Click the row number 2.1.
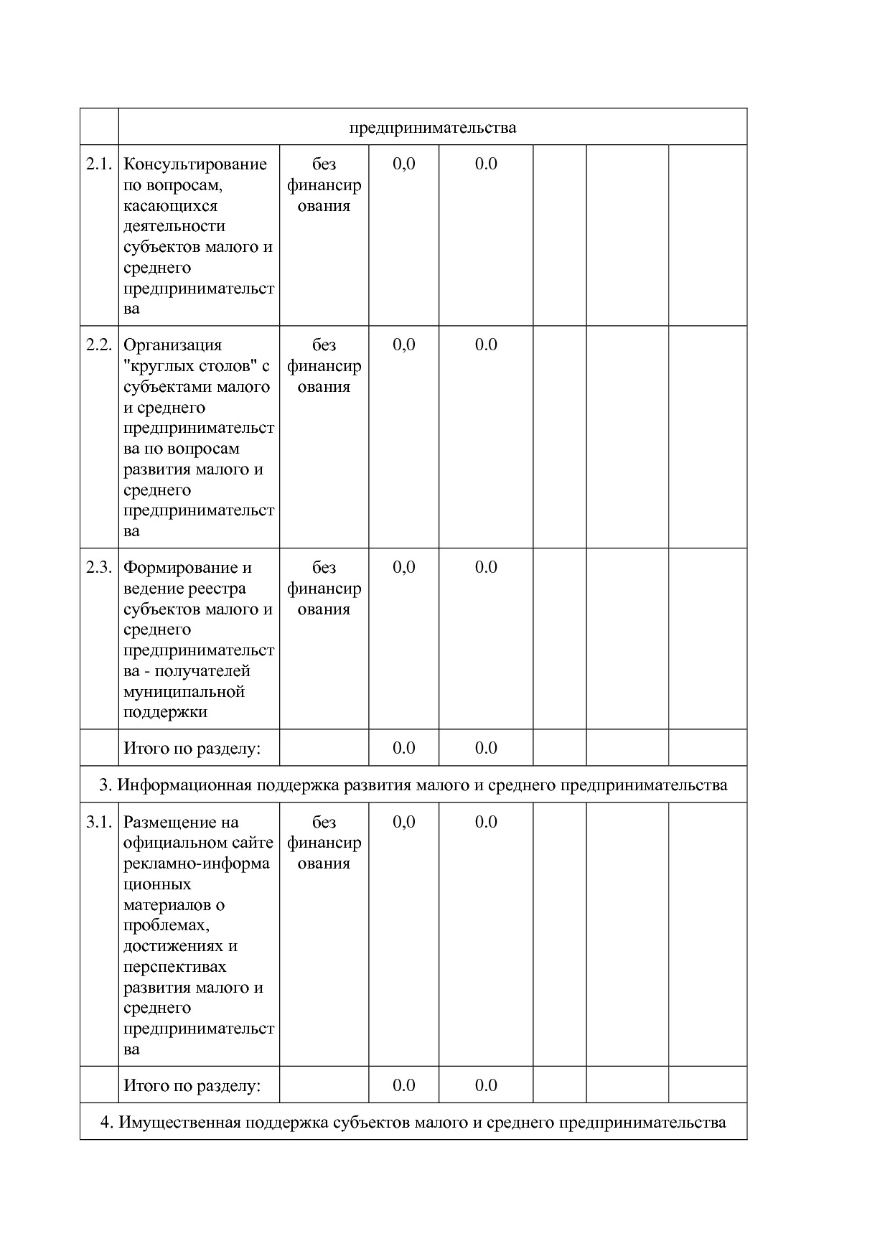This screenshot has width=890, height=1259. [x=99, y=164]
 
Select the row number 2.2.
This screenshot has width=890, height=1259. [x=99, y=345]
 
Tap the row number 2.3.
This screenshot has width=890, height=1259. [x=99, y=568]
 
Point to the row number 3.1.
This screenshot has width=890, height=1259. [x=99, y=823]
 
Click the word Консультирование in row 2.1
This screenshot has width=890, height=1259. [x=195, y=164]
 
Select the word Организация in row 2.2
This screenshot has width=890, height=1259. [x=173, y=345]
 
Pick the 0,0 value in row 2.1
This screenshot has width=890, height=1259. [x=404, y=164]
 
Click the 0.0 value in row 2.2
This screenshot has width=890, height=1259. [x=486, y=345]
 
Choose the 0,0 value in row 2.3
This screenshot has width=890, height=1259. [x=404, y=568]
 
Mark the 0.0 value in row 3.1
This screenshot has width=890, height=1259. [x=486, y=823]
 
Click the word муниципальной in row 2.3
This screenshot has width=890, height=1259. [x=184, y=692]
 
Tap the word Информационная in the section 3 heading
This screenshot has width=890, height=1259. [x=184, y=785]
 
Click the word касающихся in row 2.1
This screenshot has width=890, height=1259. [x=170, y=206]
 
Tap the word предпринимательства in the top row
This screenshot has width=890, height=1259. [x=433, y=128]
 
